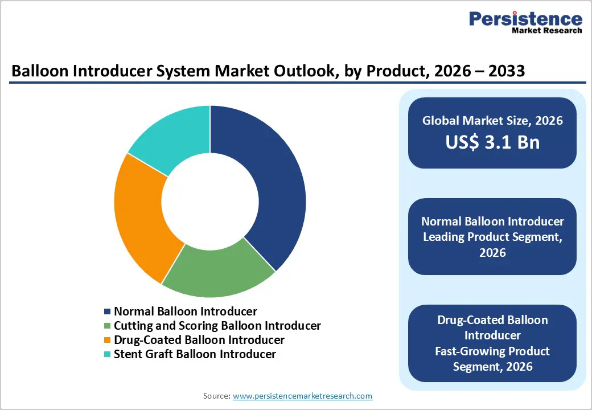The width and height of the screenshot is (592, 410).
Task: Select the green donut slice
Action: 219,270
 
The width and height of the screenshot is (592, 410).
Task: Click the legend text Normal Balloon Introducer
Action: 186,311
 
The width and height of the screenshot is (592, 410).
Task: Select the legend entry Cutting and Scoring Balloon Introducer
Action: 217,326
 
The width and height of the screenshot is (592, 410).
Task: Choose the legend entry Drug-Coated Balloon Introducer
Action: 199,340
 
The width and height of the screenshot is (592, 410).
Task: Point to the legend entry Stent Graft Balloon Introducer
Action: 195,354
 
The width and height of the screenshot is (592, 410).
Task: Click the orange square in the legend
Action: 108,341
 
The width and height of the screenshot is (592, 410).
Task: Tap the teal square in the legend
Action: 108,355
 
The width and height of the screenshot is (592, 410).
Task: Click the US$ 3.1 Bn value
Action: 492,142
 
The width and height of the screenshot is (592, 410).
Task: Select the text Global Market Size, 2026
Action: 492,121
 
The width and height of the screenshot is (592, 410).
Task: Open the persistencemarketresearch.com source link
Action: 302,396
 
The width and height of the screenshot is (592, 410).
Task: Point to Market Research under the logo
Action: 547,31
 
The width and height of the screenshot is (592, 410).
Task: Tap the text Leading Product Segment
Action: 492,237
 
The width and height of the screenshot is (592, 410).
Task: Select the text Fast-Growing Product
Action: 492,351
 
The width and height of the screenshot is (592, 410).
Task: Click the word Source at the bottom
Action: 216,396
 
